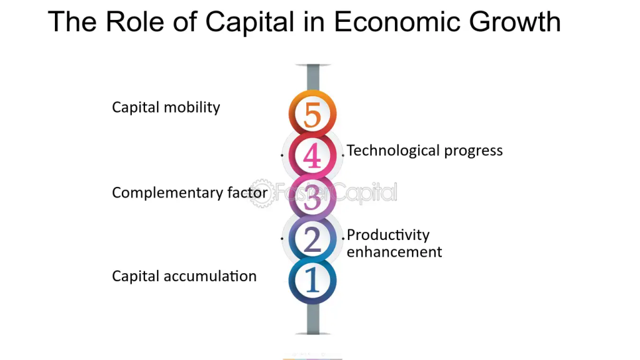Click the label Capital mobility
(166, 107)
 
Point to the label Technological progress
(424, 151)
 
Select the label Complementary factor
(190, 192)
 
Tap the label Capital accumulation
(184, 276)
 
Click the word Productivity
(388, 235)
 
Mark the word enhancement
(394, 252)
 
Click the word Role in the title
(135, 22)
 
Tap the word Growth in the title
(515, 22)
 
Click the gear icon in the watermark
(262, 193)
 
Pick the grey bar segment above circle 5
(313, 77)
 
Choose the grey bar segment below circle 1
(313, 319)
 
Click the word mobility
(192, 107)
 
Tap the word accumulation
(210, 276)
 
